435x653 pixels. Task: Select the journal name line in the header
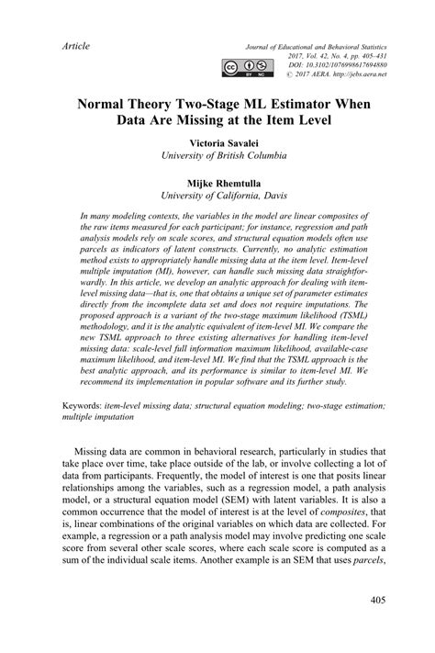pos(323,45)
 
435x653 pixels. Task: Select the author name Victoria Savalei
pos(218,145)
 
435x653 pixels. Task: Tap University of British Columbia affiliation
pos(218,159)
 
